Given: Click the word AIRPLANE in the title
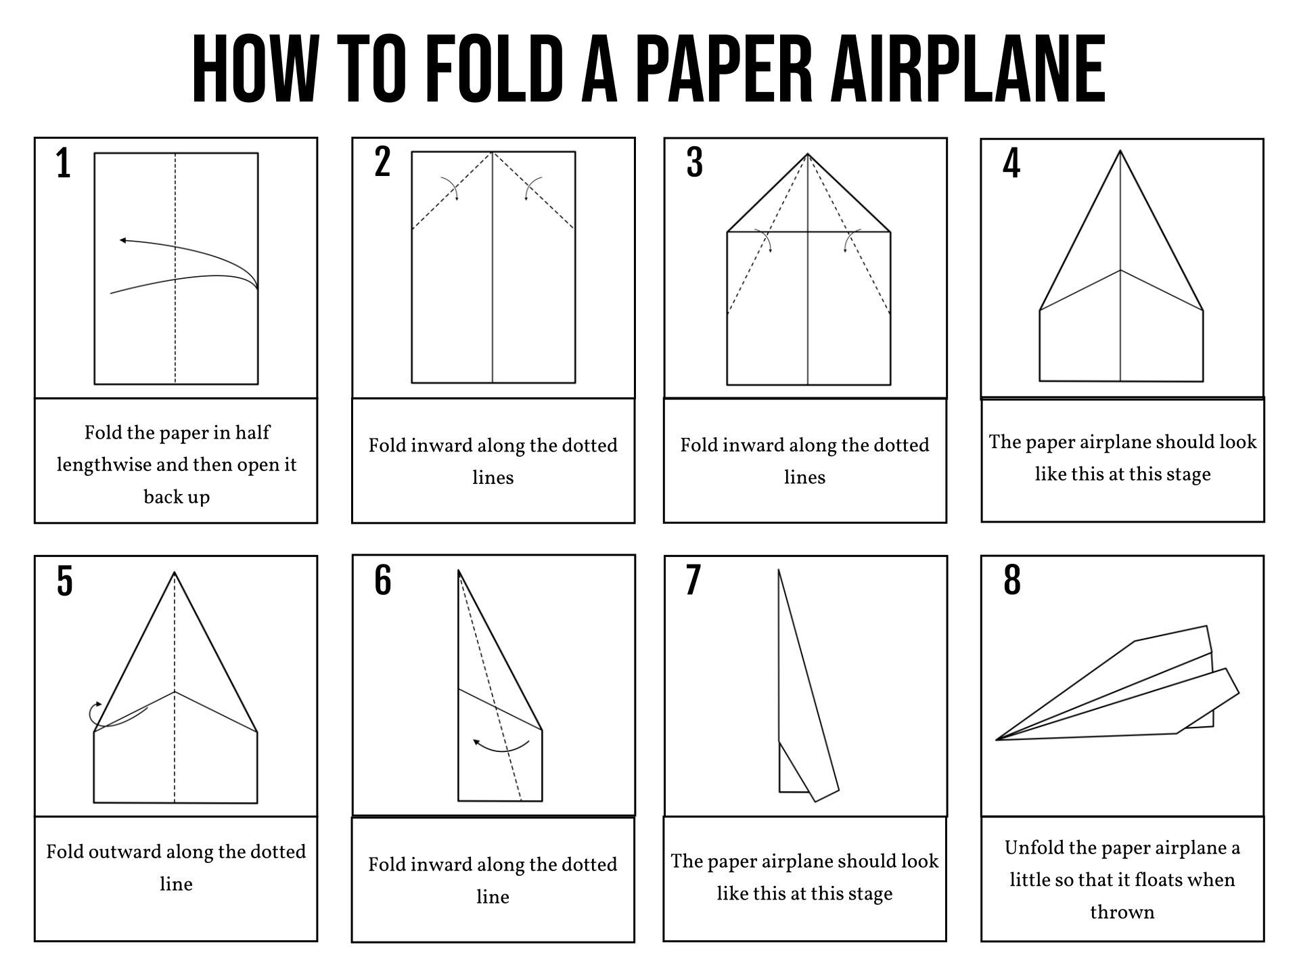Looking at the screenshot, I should pos(969,69).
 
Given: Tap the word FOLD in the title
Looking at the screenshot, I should pos(495,69).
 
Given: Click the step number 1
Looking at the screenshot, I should pos(64,164).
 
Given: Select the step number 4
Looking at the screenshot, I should pos(1011,164).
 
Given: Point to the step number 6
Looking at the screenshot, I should pos(383,581).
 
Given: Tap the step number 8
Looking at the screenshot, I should pos(1012,581).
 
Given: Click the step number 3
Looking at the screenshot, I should pos(695,164).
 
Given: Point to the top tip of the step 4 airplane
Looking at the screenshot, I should pos(1120,152).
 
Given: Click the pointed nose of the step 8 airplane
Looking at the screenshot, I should pos(997,740).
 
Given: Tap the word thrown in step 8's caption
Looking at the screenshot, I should pos(1122,912).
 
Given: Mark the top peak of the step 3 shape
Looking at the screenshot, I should pos(808,155).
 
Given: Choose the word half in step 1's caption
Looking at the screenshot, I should pos(254,432).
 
